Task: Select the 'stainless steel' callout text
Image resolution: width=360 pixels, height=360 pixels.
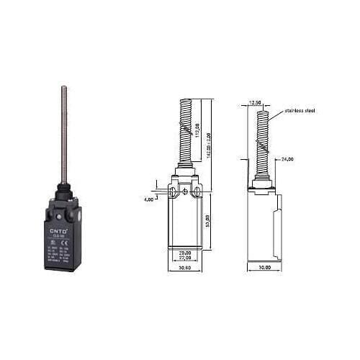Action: click(x=300, y=111)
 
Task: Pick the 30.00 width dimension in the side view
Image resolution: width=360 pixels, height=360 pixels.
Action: click(x=264, y=268)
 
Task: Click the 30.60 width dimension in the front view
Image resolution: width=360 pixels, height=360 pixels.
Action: click(x=185, y=268)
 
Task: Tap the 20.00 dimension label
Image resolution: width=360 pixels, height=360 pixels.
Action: click(x=185, y=252)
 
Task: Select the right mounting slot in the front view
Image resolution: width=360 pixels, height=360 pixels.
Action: click(x=197, y=192)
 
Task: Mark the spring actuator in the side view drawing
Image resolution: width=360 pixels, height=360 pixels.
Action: click(x=264, y=144)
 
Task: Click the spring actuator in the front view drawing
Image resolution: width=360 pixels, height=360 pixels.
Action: click(x=185, y=137)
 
